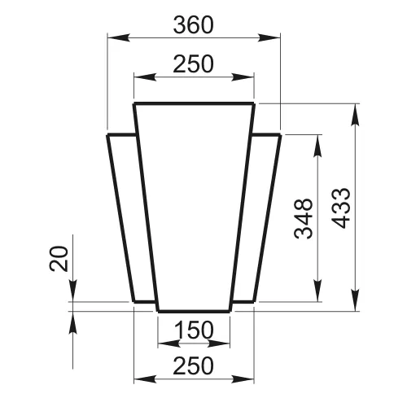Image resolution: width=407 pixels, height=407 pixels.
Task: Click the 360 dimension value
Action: pos(194,25)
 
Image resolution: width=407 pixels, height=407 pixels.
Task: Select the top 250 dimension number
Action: pos(194,64)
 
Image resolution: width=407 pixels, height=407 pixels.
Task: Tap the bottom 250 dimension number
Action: pos(194,365)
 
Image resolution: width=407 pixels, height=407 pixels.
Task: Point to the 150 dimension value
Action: pos(194,330)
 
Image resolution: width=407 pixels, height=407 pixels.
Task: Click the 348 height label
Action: pos(304,219)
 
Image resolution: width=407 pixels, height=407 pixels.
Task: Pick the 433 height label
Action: pos(341,208)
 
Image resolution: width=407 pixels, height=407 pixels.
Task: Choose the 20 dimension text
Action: pos(59,259)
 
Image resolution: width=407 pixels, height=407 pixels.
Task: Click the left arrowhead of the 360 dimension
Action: pos(119,37)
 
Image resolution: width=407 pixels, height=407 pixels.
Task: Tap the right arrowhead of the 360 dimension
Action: pos(269,37)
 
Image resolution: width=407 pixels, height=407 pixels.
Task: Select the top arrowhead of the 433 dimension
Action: pos(355,115)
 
